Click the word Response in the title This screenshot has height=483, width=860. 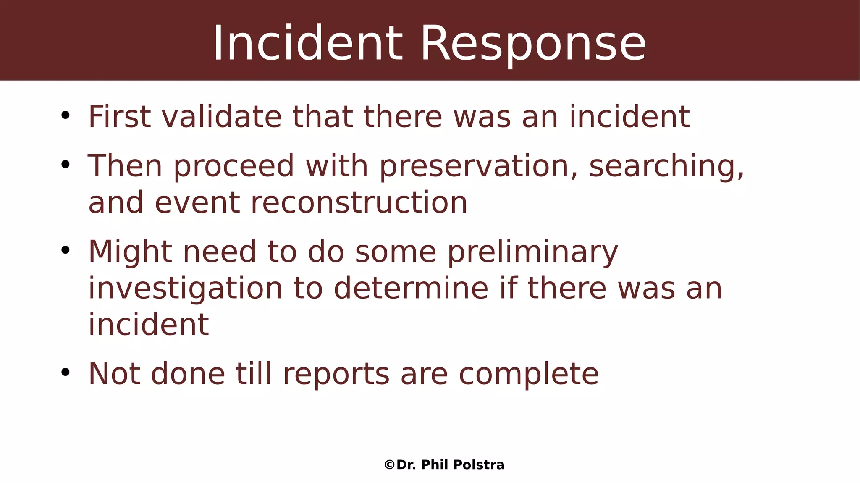[x=533, y=44]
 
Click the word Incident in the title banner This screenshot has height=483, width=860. [x=308, y=44]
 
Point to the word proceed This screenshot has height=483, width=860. [x=234, y=166]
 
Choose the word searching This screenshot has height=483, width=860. [x=666, y=166]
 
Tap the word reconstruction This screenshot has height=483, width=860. [x=359, y=203]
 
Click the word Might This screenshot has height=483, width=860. [x=130, y=252]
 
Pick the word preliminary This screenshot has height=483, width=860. [x=532, y=252]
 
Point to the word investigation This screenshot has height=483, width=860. [x=186, y=289]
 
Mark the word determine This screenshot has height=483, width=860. [x=411, y=289]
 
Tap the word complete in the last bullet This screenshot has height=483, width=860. [x=529, y=374]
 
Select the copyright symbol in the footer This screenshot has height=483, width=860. [x=389, y=465]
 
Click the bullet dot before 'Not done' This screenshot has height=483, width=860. [x=65, y=372]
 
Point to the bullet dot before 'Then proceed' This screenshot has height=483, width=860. [x=65, y=165]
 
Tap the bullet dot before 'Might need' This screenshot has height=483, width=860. [x=65, y=250]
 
